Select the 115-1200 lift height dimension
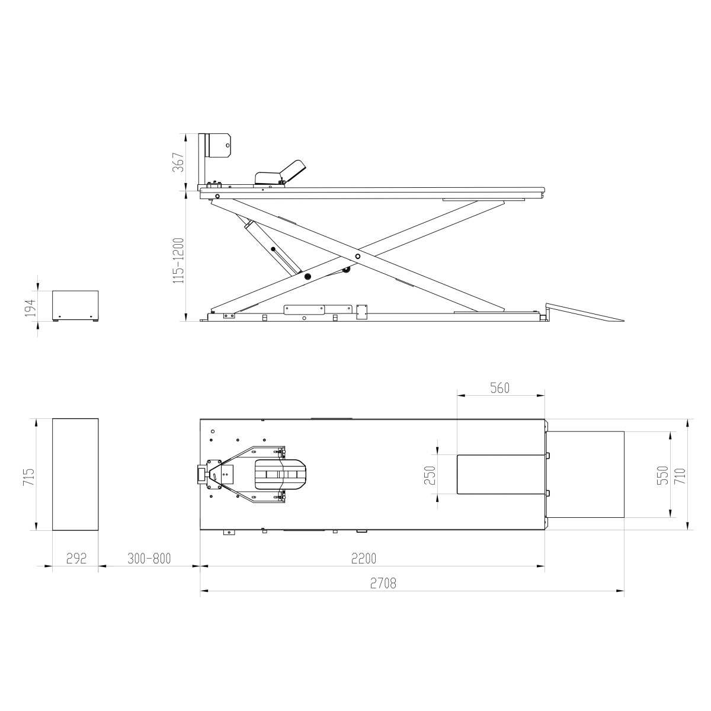(x=178, y=261)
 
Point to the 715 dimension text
(x=28, y=478)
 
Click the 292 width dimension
(x=76, y=558)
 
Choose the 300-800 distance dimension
(x=149, y=558)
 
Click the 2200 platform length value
(x=363, y=558)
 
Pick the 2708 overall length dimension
(x=383, y=584)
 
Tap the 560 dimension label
(x=499, y=387)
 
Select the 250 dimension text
(x=431, y=475)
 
